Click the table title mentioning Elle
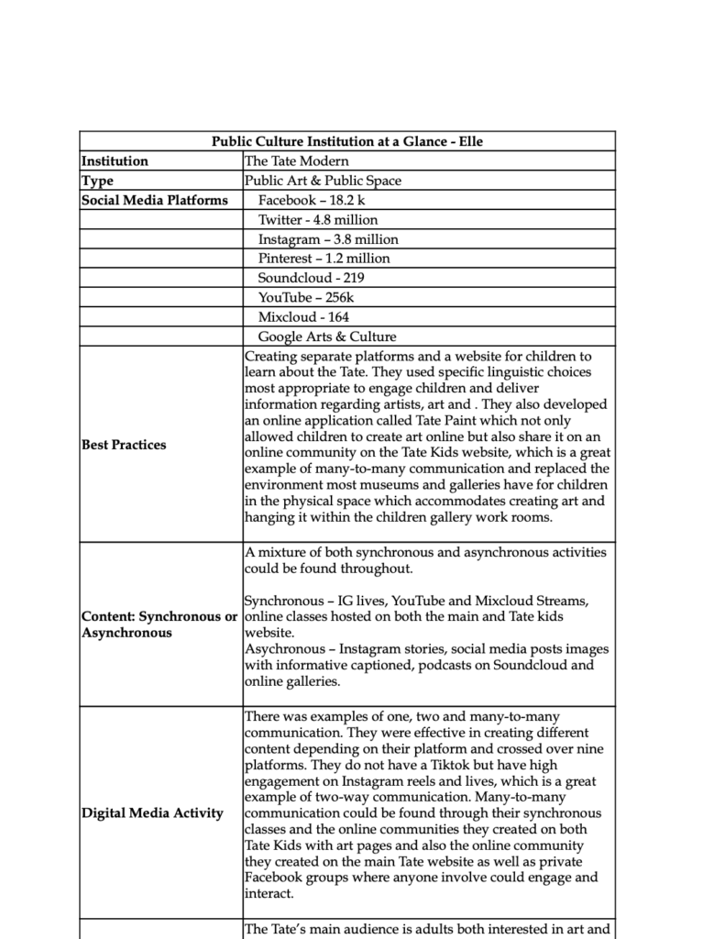[346, 141]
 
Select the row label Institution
[115, 161]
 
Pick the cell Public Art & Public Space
[323, 181]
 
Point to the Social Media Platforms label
[155, 200]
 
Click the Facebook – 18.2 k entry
[312, 200]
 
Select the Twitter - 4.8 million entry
[317, 220]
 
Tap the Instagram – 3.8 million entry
[327, 239]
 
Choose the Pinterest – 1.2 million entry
[324, 259]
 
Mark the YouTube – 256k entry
[306, 297]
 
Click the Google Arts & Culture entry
[327, 337]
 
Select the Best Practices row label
[124, 445]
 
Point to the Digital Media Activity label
[152, 813]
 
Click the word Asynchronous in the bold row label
[126, 633]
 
